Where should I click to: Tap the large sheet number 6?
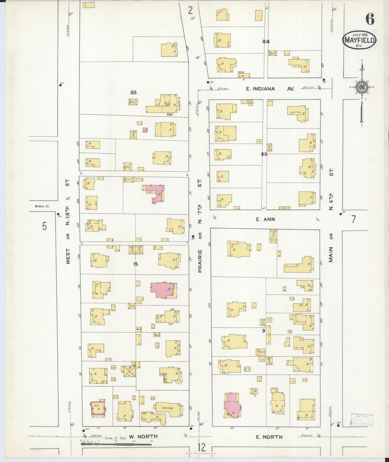click(370, 19)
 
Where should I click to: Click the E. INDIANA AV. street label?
click(270, 89)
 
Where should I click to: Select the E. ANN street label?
click(265, 219)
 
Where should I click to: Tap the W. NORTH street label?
click(143, 436)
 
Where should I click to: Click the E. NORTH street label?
click(269, 437)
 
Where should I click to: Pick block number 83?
click(133, 92)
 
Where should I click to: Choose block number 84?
click(266, 42)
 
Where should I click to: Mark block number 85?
click(264, 154)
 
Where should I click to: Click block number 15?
click(135, 264)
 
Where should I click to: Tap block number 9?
click(264, 331)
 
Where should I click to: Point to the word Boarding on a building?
click(167, 408)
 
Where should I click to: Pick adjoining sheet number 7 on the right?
click(353, 219)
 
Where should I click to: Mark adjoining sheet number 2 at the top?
click(191, 10)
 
